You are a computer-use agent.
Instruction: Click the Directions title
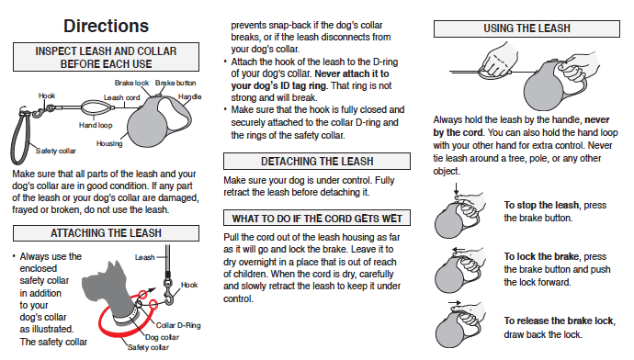pyautogui.click(x=106, y=27)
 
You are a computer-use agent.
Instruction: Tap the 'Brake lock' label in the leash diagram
pyautogui.click(x=131, y=83)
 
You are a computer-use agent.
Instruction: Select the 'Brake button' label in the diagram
pyautogui.click(x=175, y=83)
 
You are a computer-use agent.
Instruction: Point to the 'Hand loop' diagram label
pyautogui.click(x=96, y=125)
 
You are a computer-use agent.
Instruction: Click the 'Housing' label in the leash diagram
pyautogui.click(x=109, y=143)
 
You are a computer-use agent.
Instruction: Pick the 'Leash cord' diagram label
pyautogui.click(x=121, y=97)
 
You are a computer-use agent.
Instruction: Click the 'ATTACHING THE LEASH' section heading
pyautogui.click(x=106, y=233)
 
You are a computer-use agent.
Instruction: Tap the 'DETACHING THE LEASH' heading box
pyautogui.click(x=317, y=162)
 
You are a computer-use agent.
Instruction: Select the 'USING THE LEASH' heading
pyautogui.click(x=526, y=28)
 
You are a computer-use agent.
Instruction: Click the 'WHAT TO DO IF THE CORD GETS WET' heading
pyautogui.click(x=317, y=219)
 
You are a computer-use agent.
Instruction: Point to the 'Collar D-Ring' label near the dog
pyautogui.click(x=178, y=325)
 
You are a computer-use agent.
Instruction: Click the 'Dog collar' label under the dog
pyautogui.click(x=162, y=337)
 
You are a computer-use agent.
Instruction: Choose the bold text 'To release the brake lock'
pyautogui.click(x=559, y=321)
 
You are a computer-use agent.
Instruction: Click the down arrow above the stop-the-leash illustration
pyautogui.click(x=456, y=189)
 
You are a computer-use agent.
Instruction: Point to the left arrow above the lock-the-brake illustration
pyautogui.click(x=459, y=250)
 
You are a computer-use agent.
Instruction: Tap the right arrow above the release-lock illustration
pyautogui.click(x=455, y=302)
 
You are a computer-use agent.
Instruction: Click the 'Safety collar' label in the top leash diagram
pyautogui.click(x=56, y=152)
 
